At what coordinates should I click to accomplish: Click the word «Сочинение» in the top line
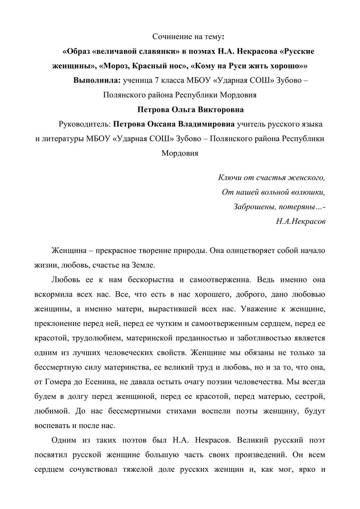coord(171,37)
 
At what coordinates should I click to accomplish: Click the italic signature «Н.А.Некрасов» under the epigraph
coord(299,221)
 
